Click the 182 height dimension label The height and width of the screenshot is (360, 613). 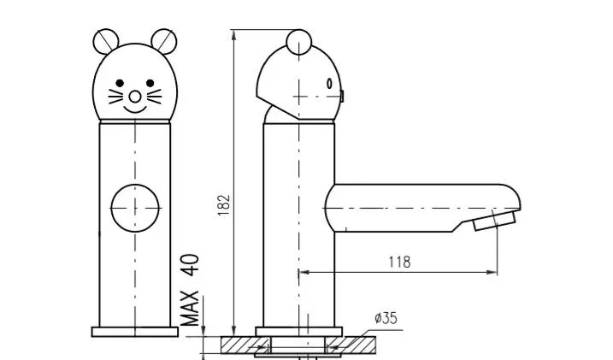pos(224,205)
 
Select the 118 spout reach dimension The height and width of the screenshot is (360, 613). pos(399,262)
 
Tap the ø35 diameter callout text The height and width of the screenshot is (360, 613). pos(386,318)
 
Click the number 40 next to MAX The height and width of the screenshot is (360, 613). pos(190,265)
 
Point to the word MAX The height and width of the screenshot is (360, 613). pos(190,309)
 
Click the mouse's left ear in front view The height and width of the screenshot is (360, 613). pos(105,41)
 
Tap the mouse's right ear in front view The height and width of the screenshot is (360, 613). pos(164,41)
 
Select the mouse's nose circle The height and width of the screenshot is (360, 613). pos(135,97)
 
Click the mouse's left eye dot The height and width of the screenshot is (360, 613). pos(120,83)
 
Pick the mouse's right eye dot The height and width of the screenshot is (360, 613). pos(150,83)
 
